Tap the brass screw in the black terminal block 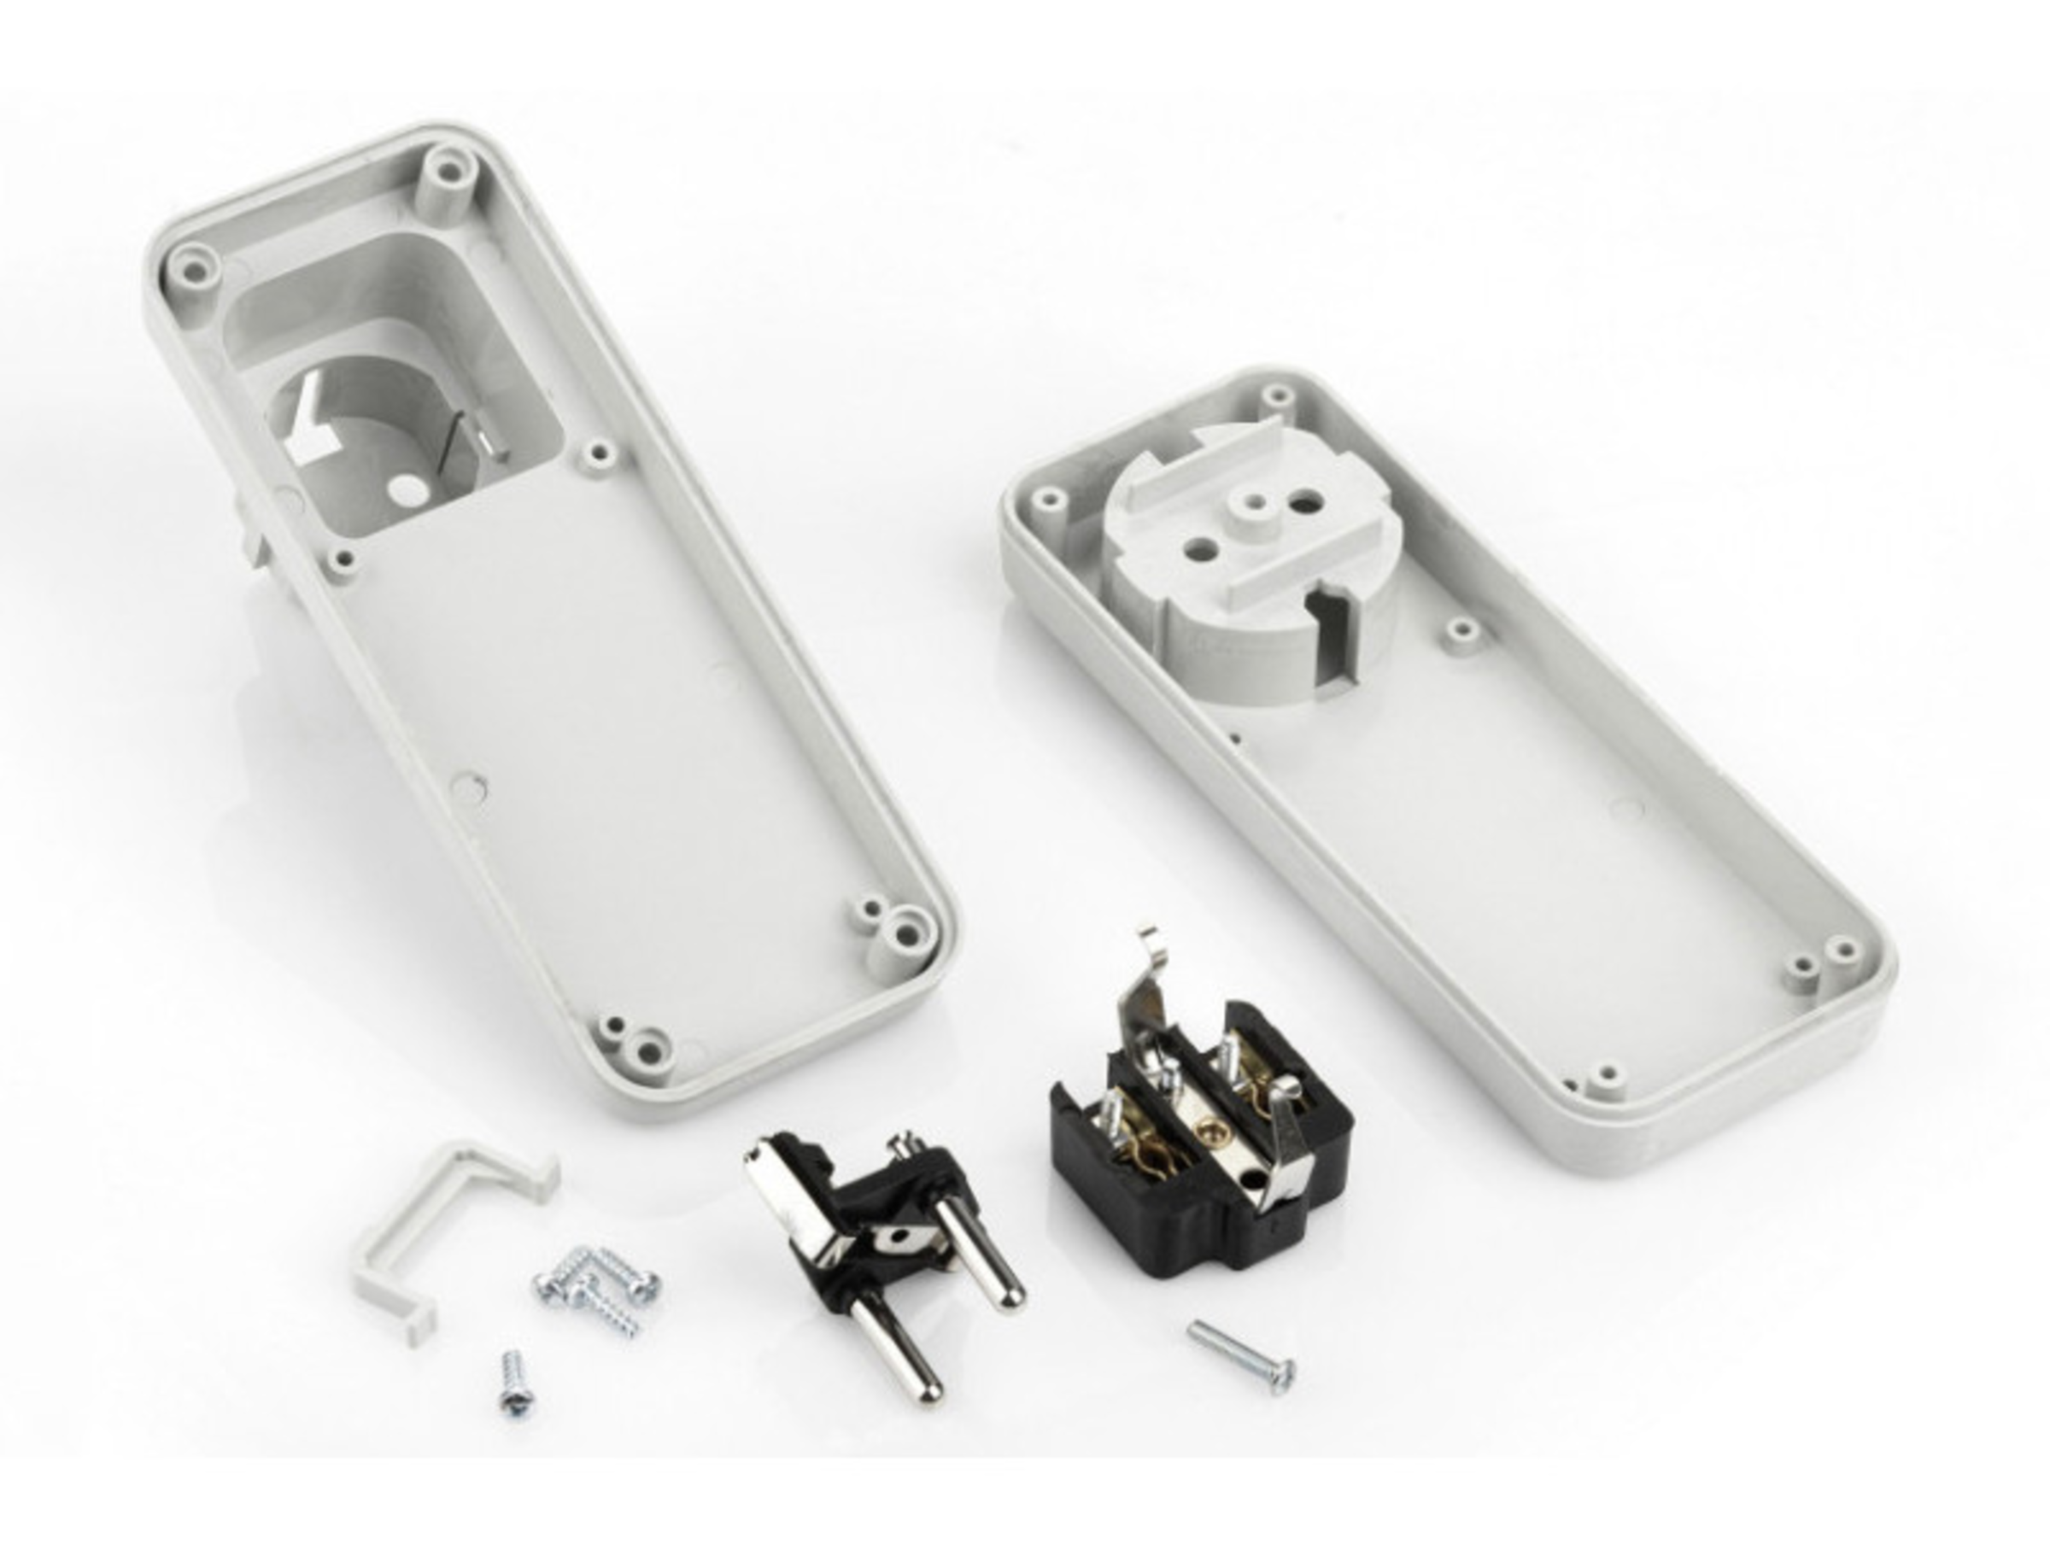pos(1206,1125)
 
